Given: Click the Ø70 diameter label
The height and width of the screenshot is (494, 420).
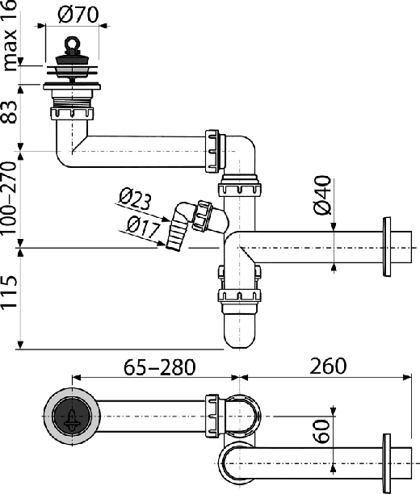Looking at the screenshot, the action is (x=79, y=15).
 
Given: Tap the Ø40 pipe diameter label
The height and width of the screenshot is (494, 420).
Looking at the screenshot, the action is (x=323, y=195).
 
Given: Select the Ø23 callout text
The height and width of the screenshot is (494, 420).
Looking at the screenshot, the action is (x=135, y=199).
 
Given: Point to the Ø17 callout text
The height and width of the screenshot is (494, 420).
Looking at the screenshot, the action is (x=144, y=227).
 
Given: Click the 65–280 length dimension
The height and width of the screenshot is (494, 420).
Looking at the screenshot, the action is (x=159, y=366).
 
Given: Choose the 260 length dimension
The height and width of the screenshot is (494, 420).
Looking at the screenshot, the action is (x=328, y=366).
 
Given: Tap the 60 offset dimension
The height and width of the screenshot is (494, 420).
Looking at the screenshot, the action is (x=322, y=431).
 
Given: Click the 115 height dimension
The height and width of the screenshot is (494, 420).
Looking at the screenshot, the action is (x=9, y=291).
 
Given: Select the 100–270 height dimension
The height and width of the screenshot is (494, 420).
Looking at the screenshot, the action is (x=9, y=198).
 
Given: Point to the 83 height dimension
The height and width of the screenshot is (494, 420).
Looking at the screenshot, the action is (x=9, y=112).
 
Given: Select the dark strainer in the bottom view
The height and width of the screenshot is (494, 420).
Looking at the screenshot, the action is (x=72, y=417).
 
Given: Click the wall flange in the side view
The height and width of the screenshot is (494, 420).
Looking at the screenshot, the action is (x=387, y=247).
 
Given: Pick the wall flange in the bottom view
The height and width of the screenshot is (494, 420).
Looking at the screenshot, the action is (x=387, y=463).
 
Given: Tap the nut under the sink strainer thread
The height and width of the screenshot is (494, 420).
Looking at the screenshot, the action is (x=72, y=114).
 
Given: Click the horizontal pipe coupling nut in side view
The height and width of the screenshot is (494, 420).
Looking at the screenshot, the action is (x=212, y=151).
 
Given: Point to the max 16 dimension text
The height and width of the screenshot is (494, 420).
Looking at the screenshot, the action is (x=9, y=36).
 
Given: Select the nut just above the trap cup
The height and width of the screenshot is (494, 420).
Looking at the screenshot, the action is (x=239, y=295).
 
